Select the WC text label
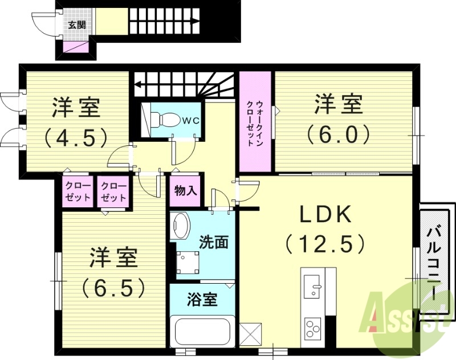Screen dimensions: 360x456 click(x=190, y=121)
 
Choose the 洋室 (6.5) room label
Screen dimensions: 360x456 click(x=112, y=272)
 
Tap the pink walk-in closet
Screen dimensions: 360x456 click(x=255, y=122)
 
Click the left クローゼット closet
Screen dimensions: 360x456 click(x=77, y=192)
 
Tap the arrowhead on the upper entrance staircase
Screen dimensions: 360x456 click(x=196, y=22)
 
